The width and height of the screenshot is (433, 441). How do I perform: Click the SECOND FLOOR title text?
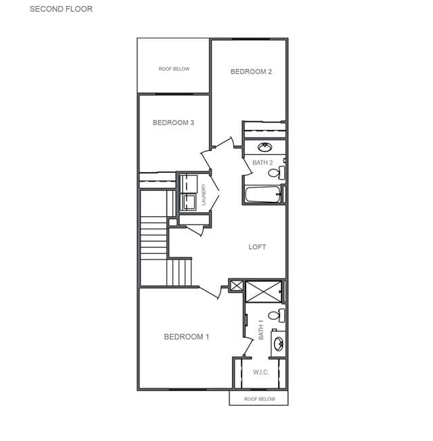pyautogui.click(x=61, y=9)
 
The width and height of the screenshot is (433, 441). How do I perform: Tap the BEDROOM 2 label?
pyautogui.click(x=251, y=72)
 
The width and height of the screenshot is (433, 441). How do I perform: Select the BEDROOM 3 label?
pyautogui.click(x=173, y=123)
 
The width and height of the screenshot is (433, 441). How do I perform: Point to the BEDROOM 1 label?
pyautogui.click(x=187, y=337)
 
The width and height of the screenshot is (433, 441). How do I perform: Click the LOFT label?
pyautogui.click(x=257, y=247)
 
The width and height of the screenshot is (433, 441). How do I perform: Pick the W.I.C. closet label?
pyautogui.click(x=261, y=373)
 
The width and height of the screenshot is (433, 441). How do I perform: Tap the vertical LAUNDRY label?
pyautogui.click(x=204, y=194)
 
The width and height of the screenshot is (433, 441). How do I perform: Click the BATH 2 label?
pyautogui.click(x=263, y=163)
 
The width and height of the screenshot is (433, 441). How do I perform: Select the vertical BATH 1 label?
pyautogui.click(x=261, y=330)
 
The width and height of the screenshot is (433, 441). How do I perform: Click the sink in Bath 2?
pyautogui.click(x=265, y=147)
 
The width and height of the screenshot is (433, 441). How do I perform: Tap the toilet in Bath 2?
pyautogui.click(x=276, y=173)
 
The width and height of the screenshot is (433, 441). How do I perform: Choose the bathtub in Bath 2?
pyautogui.click(x=263, y=194)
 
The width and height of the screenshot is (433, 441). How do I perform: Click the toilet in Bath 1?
pyautogui.click(x=276, y=315)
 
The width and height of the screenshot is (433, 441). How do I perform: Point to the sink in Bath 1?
pyautogui.click(x=279, y=343)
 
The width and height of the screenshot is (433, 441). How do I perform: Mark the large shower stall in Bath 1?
pyautogui.click(x=263, y=291)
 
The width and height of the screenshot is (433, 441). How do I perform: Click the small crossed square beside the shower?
pyautogui.click(x=236, y=286)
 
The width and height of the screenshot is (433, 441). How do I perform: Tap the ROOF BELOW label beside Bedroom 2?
pyautogui.click(x=174, y=69)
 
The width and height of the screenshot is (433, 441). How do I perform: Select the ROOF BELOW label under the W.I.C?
pyautogui.click(x=260, y=399)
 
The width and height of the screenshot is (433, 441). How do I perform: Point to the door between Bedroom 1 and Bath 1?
pyautogui.click(x=248, y=347)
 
